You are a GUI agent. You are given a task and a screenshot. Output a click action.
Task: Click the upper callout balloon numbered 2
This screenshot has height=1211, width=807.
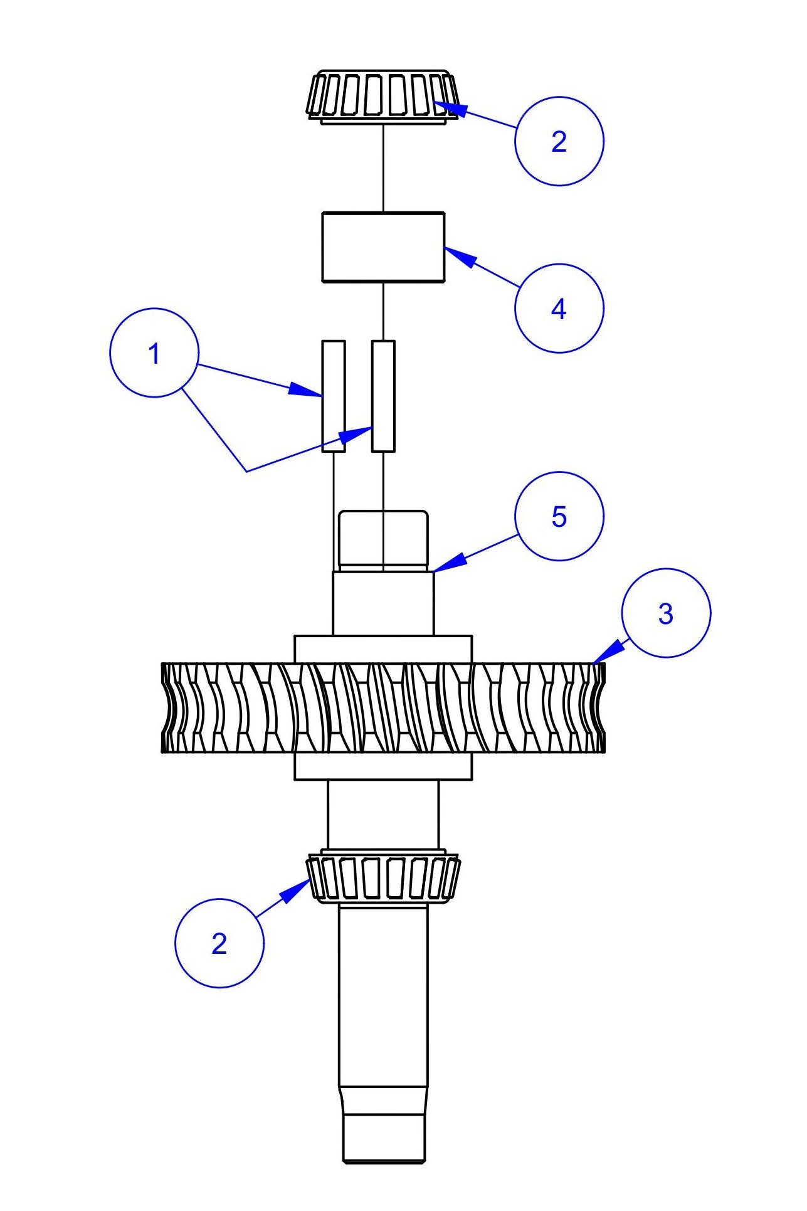559,141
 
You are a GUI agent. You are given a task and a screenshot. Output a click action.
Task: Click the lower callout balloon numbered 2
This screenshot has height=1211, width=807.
219,943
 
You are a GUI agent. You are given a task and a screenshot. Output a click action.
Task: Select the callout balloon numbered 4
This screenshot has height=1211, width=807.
559,308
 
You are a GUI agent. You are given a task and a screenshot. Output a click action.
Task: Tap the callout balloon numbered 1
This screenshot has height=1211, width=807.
154,352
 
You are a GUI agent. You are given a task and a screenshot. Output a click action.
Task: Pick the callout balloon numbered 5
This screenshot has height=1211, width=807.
559,516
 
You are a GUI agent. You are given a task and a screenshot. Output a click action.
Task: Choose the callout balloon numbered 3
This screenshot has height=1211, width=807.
666,613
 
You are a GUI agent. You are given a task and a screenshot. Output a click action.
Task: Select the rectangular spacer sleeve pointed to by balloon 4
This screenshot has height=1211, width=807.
383,246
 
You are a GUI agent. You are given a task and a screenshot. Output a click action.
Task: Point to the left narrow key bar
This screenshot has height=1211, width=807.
333,396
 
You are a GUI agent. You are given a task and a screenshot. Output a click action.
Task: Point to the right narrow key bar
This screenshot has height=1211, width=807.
383,396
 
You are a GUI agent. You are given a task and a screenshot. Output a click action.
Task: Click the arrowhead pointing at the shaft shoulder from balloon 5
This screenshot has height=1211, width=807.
449,562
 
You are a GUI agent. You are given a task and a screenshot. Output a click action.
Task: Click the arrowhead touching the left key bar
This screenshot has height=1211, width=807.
305,390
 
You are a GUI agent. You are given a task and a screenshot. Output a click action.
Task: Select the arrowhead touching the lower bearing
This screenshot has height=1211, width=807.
297,890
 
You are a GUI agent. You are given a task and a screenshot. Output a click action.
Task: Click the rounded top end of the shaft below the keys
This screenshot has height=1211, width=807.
383,539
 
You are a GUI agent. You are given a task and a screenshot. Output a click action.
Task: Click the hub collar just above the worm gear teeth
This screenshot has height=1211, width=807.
383,649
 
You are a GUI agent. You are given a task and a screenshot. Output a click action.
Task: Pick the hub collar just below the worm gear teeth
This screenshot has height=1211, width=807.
383,766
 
